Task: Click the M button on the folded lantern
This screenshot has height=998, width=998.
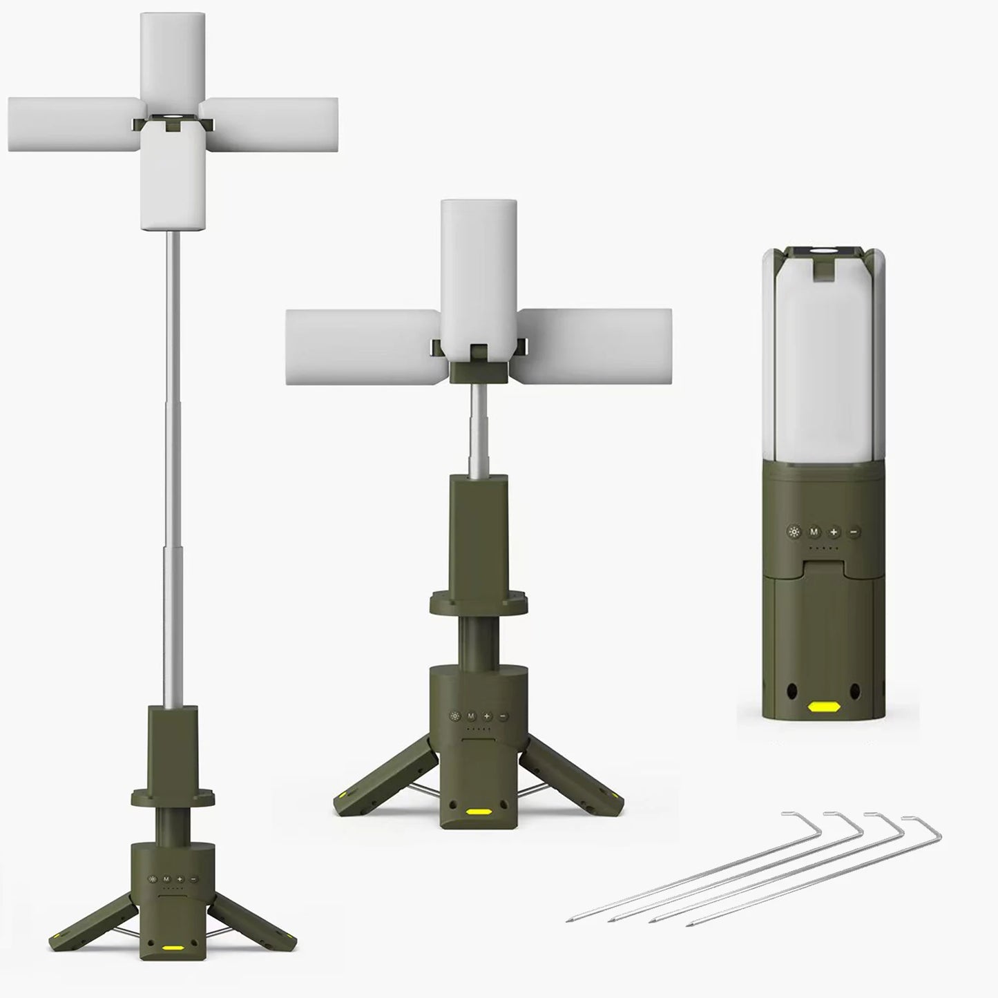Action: tap(814, 532)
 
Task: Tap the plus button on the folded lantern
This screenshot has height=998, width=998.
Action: tap(834, 532)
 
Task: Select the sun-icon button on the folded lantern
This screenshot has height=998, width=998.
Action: tap(794, 532)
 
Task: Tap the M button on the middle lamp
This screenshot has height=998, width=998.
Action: tap(471, 716)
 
